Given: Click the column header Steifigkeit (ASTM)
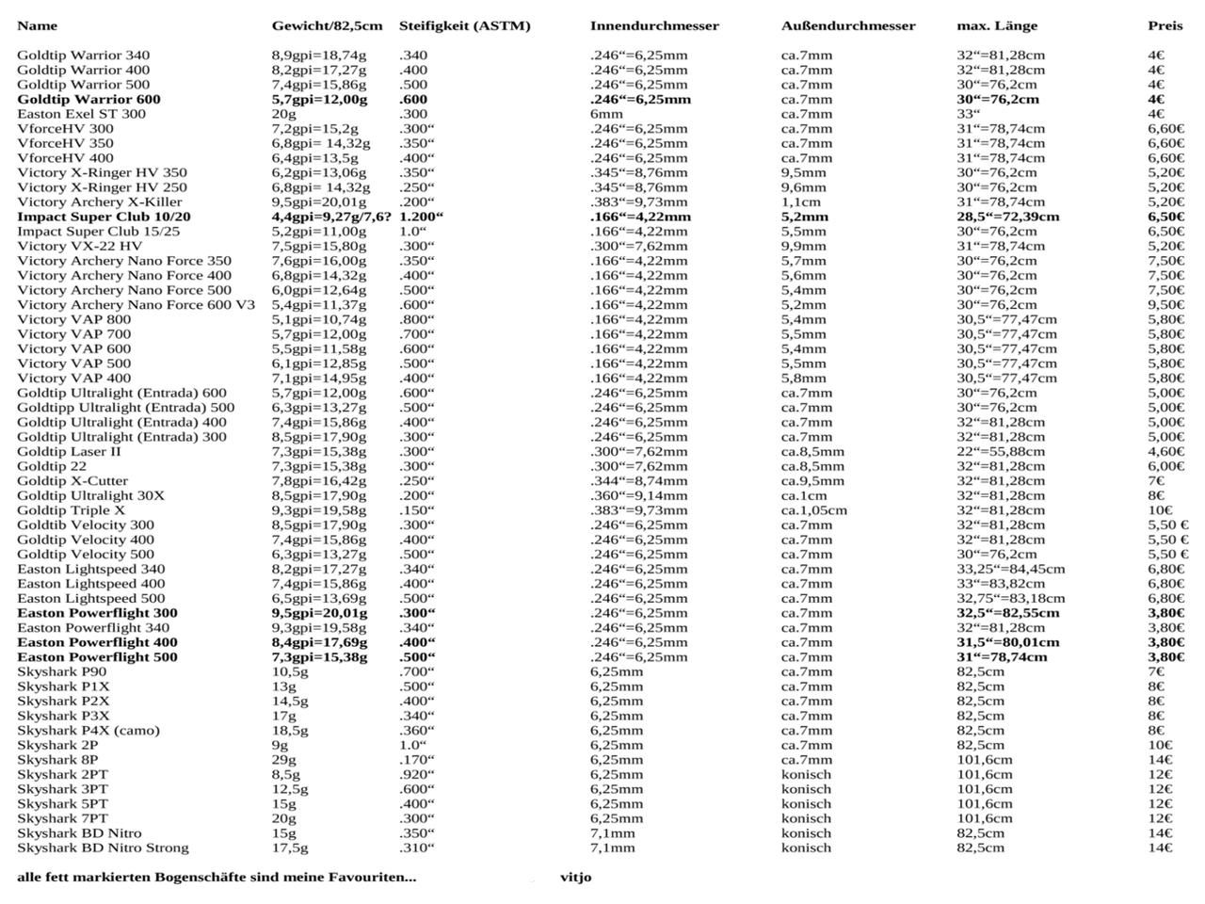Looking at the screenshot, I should [464, 25].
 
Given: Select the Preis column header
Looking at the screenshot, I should [1165, 25].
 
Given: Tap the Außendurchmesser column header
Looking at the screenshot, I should [847, 25].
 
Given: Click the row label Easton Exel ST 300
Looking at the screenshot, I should [81, 114].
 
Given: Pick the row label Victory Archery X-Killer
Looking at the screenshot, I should [99, 202].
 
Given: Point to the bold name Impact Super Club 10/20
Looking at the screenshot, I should [104, 217].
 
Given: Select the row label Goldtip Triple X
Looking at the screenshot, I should [71, 510].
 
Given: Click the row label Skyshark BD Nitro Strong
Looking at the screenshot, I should [103, 847].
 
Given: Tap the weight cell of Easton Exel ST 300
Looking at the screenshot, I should [283, 114].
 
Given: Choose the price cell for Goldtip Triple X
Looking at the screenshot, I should [1160, 510].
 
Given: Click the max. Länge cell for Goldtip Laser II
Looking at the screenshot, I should [1001, 451].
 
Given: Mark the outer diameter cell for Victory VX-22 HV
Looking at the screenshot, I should [803, 246].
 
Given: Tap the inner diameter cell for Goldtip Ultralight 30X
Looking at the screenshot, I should [638, 495].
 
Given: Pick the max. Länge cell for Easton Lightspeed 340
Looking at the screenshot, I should [1010, 569].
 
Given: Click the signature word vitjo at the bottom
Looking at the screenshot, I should [575, 877].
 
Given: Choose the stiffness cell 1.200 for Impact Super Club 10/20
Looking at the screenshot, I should [421, 217].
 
